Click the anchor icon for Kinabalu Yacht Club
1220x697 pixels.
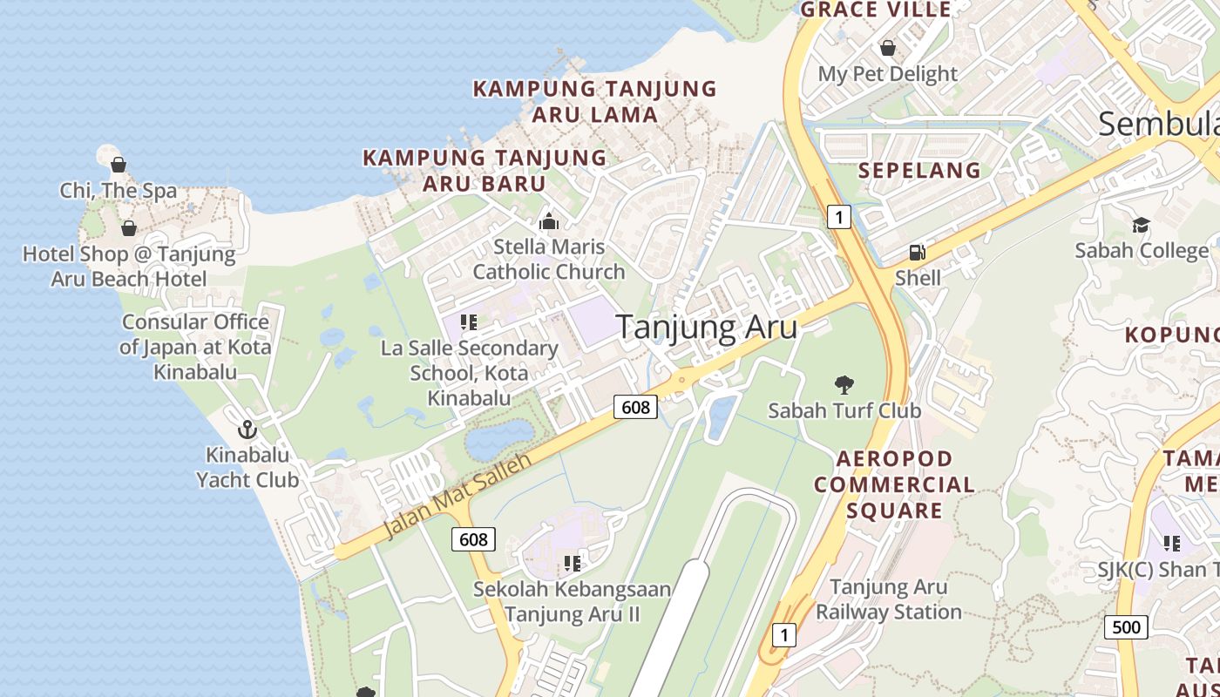pos(247,430)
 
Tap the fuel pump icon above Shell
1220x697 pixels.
pos(917,253)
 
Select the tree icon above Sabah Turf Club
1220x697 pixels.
pos(844,384)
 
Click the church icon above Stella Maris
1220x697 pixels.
pos(549,221)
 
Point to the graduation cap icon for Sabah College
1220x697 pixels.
pos(1141,226)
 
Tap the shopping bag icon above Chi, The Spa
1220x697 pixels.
pos(119,165)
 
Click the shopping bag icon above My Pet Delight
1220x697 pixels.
pos(887,48)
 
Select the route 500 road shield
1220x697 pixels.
pos(1126,626)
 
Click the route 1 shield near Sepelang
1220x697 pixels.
pos(838,217)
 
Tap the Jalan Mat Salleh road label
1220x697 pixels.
pos(457,496)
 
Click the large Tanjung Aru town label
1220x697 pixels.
pos(707,327)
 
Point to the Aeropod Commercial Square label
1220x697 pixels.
pos(894,484)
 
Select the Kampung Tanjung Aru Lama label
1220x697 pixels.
pos(594,101)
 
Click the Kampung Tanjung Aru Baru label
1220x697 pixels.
pos(485,170)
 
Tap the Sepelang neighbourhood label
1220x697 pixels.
pos(919,170)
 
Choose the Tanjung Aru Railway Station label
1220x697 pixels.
pos(888,599)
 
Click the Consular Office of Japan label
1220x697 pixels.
pos(195,347)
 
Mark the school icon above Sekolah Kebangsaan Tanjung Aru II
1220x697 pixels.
pos(572,564)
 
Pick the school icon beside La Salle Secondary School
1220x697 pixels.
pos(469,322)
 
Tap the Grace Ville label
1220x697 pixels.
pos(875,10)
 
